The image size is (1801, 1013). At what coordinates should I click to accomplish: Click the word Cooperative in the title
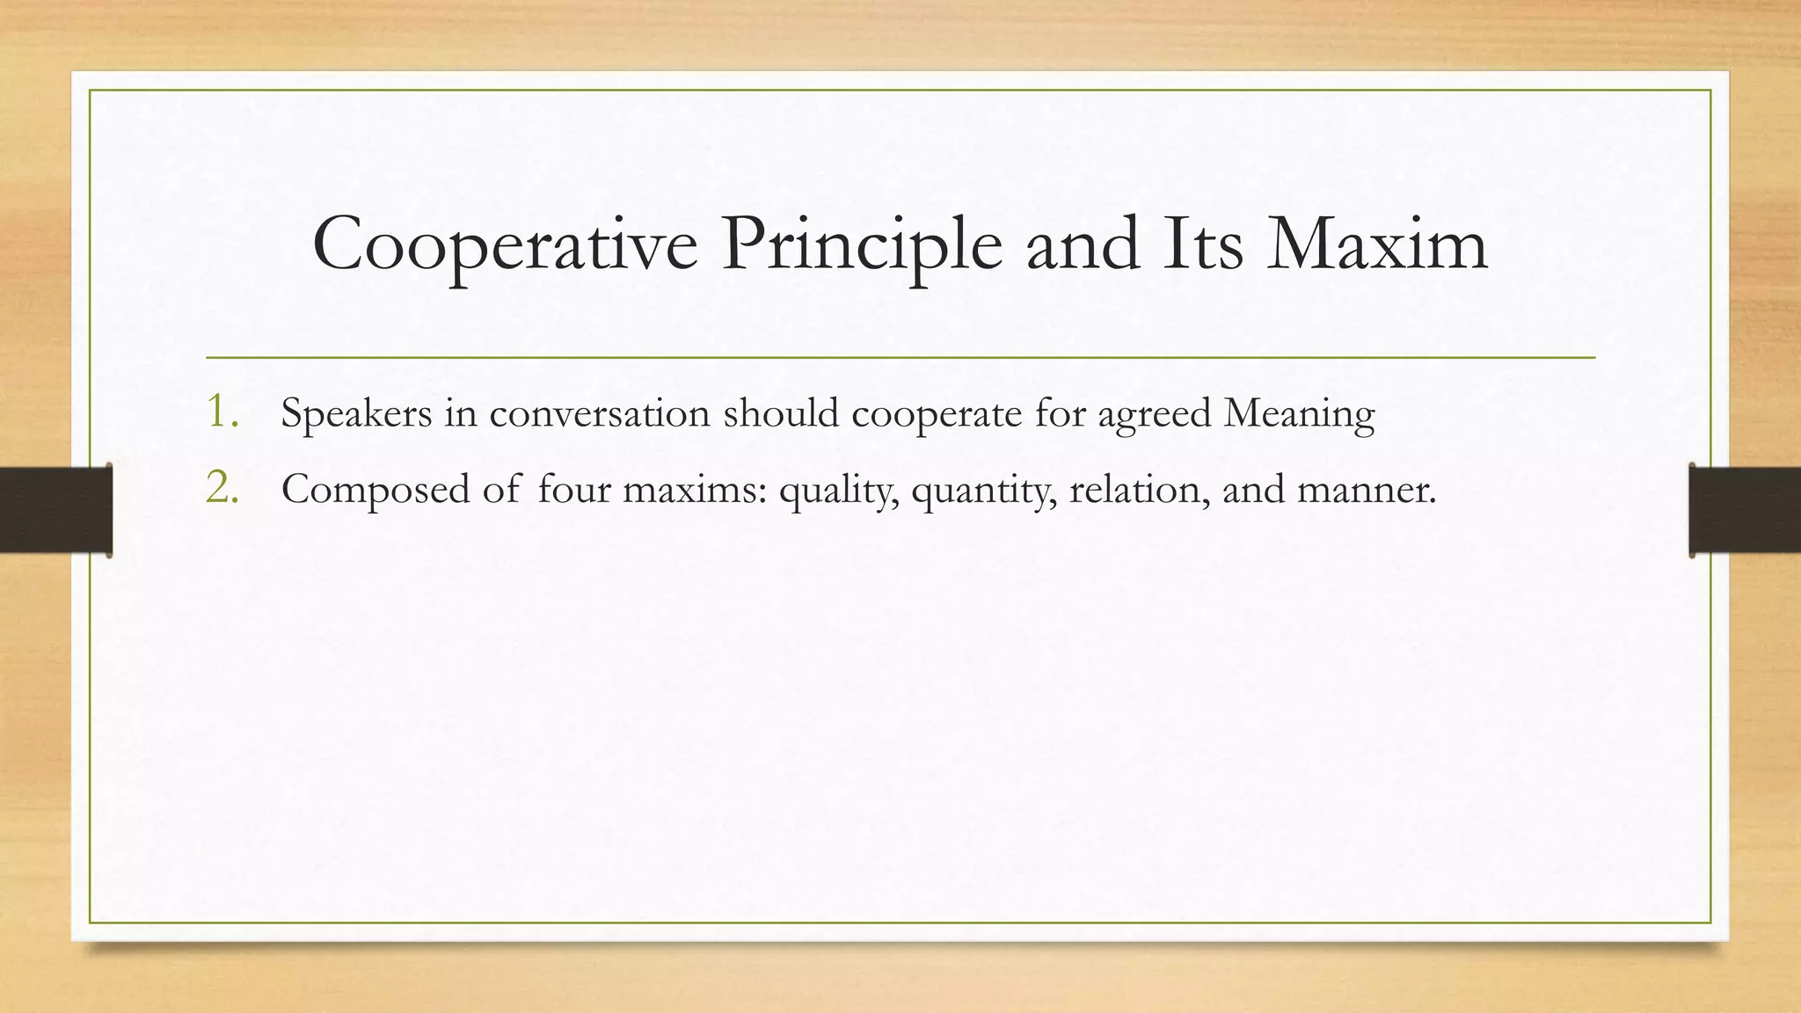505,244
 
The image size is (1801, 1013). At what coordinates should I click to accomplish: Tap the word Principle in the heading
862,244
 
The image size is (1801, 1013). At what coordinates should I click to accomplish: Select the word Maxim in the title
1377,244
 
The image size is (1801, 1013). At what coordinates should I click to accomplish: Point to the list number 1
222,412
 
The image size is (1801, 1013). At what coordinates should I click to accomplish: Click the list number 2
222,488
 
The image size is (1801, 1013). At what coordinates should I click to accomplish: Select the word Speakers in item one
356,413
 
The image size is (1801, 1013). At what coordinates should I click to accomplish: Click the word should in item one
781,413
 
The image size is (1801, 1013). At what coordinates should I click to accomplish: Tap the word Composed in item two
376,490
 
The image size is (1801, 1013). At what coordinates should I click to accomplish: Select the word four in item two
574,490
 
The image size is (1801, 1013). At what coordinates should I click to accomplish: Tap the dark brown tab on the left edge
55,510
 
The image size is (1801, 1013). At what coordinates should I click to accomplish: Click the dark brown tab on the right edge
1745,510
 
